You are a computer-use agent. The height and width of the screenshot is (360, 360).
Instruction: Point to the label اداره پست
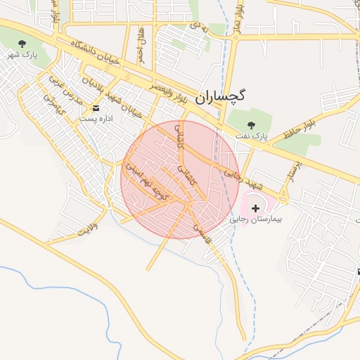pyautogui.click(x=96, y=119)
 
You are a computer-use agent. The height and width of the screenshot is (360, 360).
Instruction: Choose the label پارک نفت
pyautogui.click(x=253, y=134)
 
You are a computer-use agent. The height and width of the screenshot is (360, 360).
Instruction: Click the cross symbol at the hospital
pyautogui.click(x=255, y=208)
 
